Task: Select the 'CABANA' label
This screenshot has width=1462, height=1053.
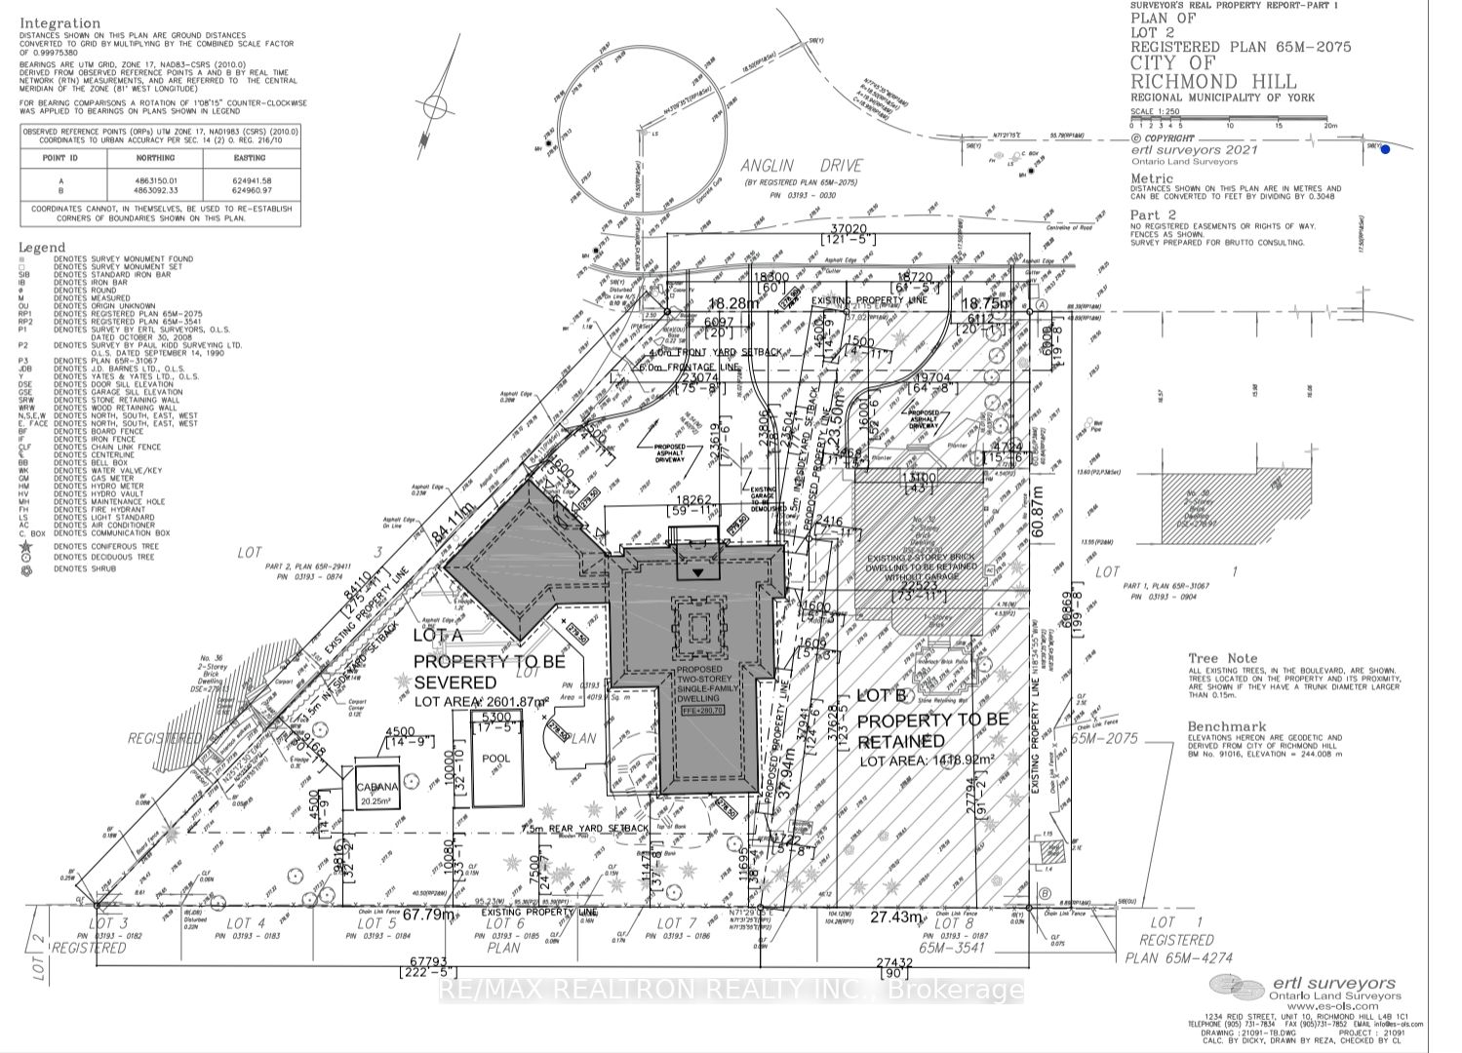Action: point(368,787)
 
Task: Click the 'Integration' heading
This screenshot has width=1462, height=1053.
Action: point(59,22)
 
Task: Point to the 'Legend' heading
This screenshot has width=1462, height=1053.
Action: point(42,248)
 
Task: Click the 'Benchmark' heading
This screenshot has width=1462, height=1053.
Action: point(1227,726)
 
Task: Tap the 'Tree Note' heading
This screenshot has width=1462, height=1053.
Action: point(1223,658)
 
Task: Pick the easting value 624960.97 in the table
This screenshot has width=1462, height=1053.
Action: point(249,191)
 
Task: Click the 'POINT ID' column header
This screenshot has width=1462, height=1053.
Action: point(60,158)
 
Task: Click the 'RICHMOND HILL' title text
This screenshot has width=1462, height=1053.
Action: point(1213,82)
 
